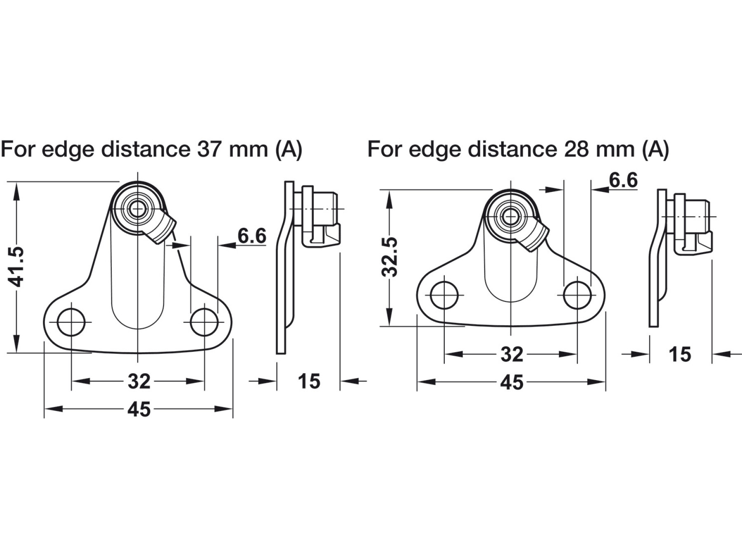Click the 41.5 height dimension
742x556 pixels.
coord(17,266)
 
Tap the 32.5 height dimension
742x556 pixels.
coord(390,257)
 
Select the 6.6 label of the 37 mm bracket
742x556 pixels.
coord(252,236)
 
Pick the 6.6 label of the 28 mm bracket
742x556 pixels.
coord(623,180)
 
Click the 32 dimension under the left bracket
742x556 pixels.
coord(139,381)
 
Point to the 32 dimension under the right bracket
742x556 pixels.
coord(512,354)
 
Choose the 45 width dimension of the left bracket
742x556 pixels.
coord(139,409)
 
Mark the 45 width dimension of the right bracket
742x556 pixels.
coord(512,383)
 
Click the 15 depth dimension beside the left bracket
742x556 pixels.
coord(309,381)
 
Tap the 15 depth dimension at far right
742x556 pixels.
coord(679,354)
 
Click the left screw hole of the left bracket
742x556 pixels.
coord(71,322)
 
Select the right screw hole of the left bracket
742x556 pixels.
coord(204,322)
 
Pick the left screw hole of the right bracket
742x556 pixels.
coord(444,295)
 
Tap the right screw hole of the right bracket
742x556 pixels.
coord(577,295)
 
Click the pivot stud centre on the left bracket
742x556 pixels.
coord(138,209)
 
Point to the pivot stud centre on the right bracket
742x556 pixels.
coord(511,217)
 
